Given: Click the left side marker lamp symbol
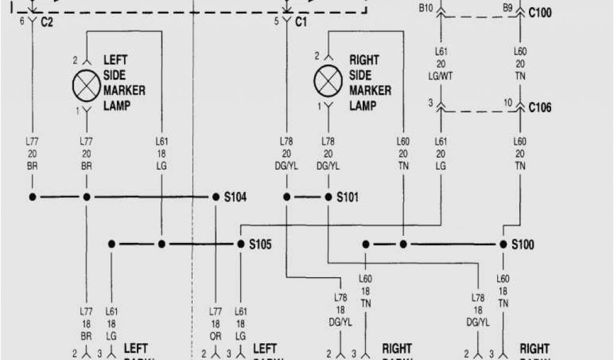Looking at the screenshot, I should coord(86,85).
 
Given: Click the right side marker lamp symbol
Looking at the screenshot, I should coord(328,80).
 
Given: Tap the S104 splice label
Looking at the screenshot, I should coord(236,197).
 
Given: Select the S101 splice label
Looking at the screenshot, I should coord(348,197).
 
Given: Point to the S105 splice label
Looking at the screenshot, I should coord(261,244).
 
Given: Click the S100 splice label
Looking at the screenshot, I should coord(523,244).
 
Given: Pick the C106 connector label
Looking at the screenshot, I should coord(540,108).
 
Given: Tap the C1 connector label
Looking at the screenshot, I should coord(301,22).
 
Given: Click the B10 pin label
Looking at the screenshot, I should coord(426,8).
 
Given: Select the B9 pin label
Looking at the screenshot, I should coord(507,8).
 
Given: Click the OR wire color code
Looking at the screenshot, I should coord(215,337).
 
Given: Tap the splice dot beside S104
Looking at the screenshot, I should coord(216,197).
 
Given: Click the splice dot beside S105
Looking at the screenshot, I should coord(240,244).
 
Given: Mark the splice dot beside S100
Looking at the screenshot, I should coord(503,244).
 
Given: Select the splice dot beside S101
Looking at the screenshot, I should coord(329,197).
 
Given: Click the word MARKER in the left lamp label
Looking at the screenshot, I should coord(124,90).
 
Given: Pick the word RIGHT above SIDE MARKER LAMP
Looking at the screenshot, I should coord(364,60).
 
